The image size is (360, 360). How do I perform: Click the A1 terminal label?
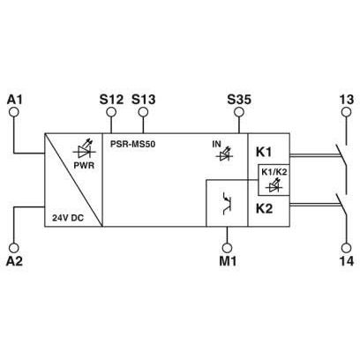(x=14, y=100)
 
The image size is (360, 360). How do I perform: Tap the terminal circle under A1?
(x=14, y=112)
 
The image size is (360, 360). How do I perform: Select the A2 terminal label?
(x=14, y=261)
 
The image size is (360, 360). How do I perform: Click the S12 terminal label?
(x=111, y=100)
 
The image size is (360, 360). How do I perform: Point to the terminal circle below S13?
(x=143, y=112)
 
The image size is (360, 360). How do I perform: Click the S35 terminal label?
(x=239, y=100)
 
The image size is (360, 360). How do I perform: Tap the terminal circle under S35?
(x=239, y=112)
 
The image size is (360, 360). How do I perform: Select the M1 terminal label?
(x=228, y=261)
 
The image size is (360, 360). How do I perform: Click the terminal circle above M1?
(x=227, y=248)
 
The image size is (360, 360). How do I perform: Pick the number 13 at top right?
(x=347, y=100)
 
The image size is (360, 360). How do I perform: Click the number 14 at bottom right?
(x=347, y=261)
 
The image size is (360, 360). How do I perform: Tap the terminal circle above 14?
(x=347, y=248)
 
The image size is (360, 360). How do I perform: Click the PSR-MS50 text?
(x=132, y=144)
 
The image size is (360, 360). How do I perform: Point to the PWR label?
(x=84, y=165)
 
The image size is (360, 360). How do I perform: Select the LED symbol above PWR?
(x=85, y=150)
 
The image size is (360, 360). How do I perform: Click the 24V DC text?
(x=68, y=218)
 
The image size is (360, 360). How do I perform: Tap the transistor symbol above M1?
(x=227, y=203)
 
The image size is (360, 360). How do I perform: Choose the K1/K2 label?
(x=274, y=173)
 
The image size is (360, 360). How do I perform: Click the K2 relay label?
(x=264, y=208)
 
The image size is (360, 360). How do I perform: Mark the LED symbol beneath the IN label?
(x=224, y=155)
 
